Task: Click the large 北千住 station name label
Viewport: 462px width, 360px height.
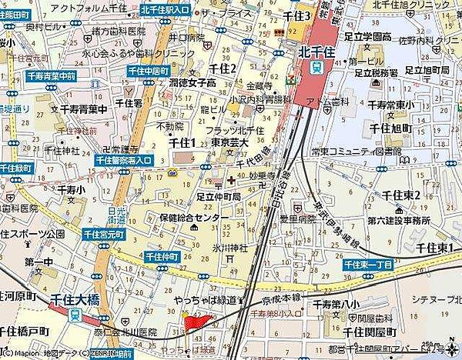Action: coord(315,52)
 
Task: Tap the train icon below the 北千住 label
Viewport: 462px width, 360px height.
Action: coord(315,68)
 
